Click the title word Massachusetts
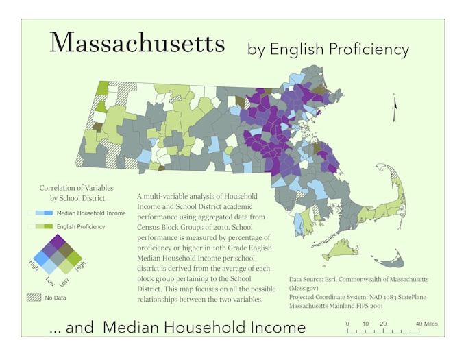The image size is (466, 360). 137,43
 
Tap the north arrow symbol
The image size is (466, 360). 394,108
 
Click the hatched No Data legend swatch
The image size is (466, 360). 34,298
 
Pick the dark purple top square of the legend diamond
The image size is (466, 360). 58,241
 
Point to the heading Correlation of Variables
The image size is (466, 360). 76,188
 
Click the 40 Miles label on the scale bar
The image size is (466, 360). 426,324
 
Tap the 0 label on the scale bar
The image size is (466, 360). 347,324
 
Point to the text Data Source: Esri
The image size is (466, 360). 321,280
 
